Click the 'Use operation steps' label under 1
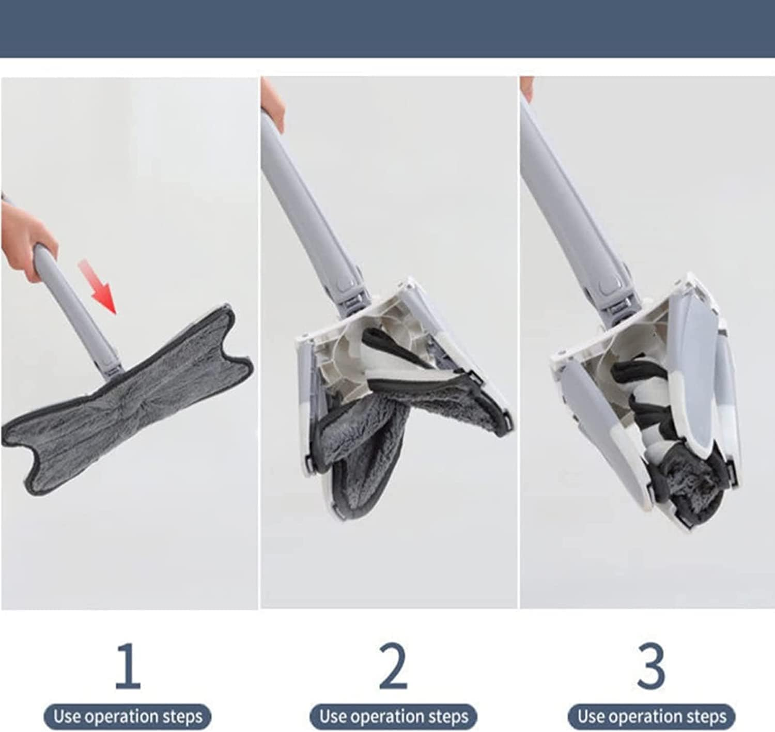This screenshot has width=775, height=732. tap(128, 717)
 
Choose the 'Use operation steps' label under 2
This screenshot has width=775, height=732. tap(393, 717)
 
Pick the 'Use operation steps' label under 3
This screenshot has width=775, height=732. tap(652, 717)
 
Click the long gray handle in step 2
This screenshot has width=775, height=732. tap(312, 211)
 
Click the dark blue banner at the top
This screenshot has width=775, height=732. tap(388, 29)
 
